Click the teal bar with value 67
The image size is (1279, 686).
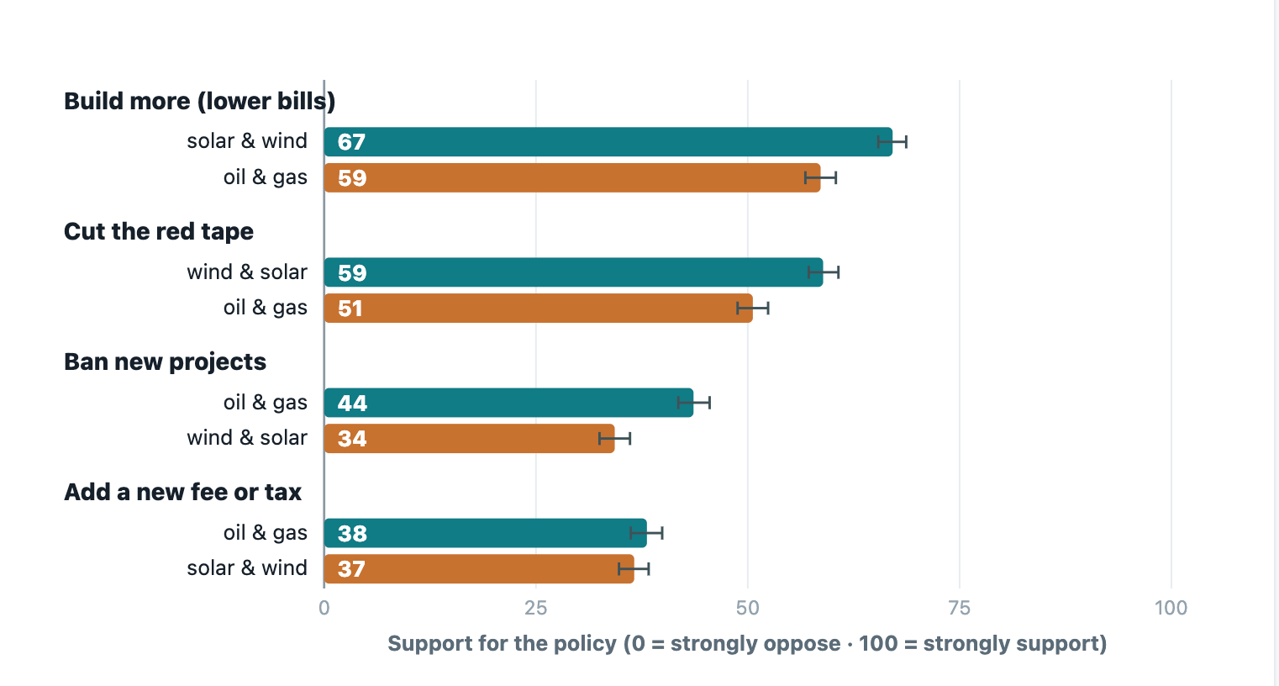coord(608,141)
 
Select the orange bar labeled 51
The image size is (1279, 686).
coord(539,309)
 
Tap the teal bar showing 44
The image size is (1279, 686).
coord(508,403)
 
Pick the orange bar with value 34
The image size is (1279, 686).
coord(470,439)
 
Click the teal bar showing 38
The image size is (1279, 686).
coord(486,533)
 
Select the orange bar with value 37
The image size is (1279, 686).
coord(479,569)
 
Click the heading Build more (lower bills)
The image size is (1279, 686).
coord(199,102)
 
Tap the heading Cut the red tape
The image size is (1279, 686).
coord(159,231)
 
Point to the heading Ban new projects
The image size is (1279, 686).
coord(165,361)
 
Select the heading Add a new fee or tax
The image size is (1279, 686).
coord(182,492)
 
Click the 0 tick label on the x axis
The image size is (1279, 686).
coord(324,608)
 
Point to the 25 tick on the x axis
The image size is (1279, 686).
coord(535,608)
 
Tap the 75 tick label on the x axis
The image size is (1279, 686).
coord(960,608)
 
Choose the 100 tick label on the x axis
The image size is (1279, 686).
coord(1171,608)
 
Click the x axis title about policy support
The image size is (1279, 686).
coord(747,644)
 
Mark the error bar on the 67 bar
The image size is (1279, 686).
coord(892,141)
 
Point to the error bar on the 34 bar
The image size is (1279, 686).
coord(615,439)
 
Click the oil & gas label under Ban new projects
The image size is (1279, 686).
coord(266,403)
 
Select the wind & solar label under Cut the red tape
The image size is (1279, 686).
coord(247,272)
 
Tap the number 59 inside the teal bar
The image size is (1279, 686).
coord(352,272)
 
